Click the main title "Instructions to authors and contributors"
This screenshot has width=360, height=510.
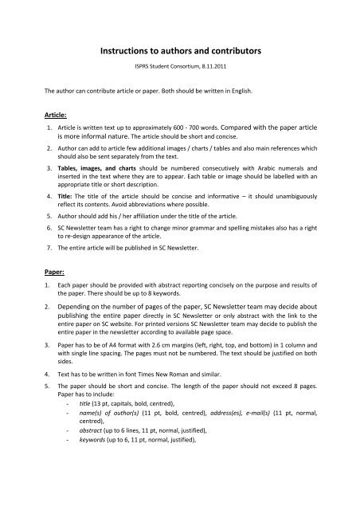(180, 50)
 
